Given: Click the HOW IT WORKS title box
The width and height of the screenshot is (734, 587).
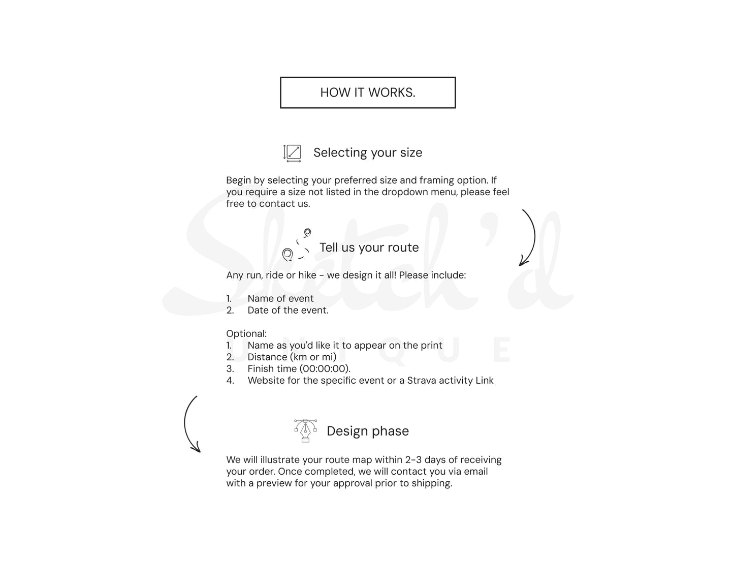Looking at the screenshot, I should tap(367, 92).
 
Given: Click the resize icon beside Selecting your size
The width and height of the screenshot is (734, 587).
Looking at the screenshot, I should tap(292, 153).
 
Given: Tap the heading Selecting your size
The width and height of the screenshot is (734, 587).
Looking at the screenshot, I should tap(367, 152).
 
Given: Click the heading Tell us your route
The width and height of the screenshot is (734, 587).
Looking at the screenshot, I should tap(369, 248).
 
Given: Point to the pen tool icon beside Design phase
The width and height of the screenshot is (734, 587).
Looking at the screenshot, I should tap(305, 430).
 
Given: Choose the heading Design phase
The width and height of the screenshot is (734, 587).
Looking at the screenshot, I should tap(367, 431).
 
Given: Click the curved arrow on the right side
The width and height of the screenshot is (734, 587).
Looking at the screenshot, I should tap(529, 237).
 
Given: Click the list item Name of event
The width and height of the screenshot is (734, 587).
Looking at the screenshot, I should tap(280, 298).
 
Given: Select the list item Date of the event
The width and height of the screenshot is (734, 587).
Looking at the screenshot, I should tap(288, 310).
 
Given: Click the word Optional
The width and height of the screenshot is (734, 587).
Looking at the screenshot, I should tap(246, 333).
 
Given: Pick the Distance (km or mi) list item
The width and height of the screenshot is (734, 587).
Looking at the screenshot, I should tap(292, 357).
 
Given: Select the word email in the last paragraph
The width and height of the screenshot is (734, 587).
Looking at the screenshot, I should tap(475, 471).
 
